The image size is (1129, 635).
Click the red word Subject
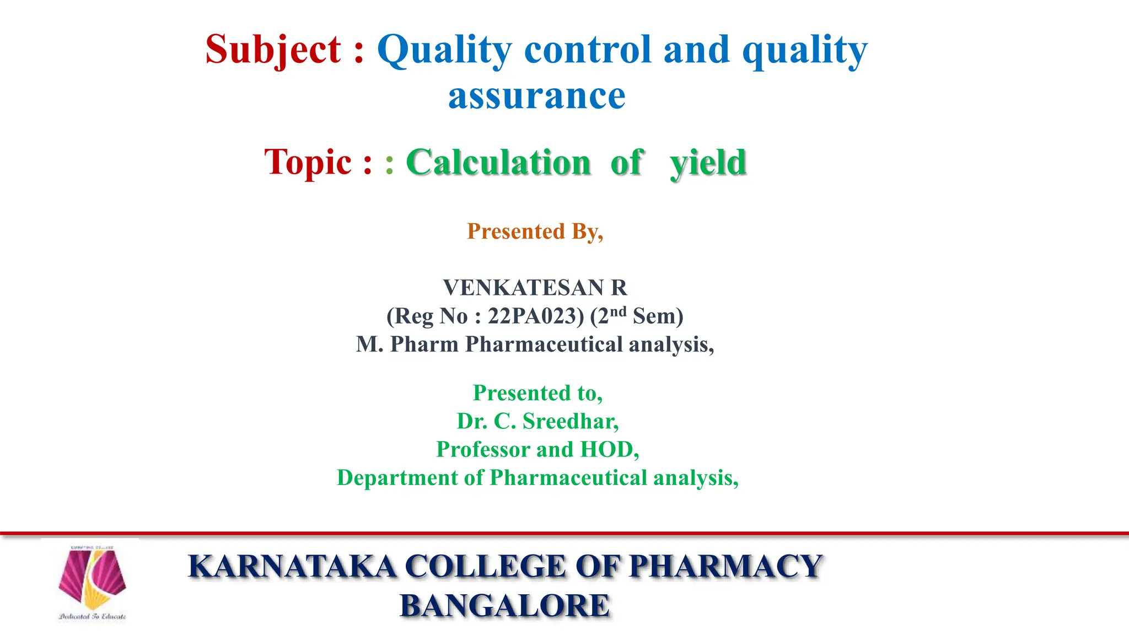pyautogui.click(x=273, y=50)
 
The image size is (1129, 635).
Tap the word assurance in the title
pyautogui.click(x=536, y=96)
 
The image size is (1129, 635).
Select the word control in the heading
pyautogui.click(x=588, y=50)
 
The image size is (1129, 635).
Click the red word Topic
pyautogui.click(x=308, y=163)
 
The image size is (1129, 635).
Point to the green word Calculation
pyautogui.click(x=498, y=163)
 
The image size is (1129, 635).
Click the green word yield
pyautogui.click(x=708, y=164)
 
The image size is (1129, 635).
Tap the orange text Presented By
pyautogui.click(x=535, y=232)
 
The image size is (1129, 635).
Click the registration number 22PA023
pyautogui.click(x=535, y=316)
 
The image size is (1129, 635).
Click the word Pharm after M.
pyautogui.click(x=424, y=345)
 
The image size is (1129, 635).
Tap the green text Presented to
pyautogui.click(x=537, y=393)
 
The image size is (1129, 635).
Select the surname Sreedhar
pyautogui.click(x=570, y=422)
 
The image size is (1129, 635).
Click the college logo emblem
pyautogui.click(x=93, y=579)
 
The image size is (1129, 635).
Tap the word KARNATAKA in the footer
pyautogui.click(x=292, y=567)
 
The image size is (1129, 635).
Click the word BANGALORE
pyautogui.click(x=504, y=606)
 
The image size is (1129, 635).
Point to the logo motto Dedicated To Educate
pyautogui.click(x=93, y=617)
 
